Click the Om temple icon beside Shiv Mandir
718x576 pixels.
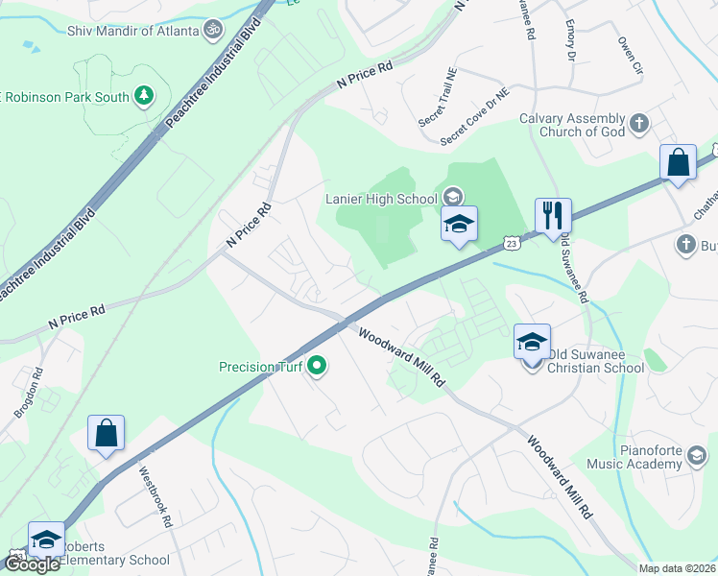213,31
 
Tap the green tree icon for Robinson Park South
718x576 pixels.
144,95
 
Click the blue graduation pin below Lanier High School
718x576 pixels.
459,225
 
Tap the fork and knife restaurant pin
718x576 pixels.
553,215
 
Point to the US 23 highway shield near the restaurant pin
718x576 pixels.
512,245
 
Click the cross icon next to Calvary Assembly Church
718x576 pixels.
639,124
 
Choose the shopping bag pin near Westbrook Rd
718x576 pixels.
106,433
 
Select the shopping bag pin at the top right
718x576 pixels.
678,162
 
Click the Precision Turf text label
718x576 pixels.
260,366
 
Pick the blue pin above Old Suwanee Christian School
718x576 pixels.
532,340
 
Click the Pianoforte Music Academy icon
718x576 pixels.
697,464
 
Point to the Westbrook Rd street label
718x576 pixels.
155,497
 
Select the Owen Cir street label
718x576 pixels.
629,56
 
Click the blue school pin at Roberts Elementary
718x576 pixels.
46,539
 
